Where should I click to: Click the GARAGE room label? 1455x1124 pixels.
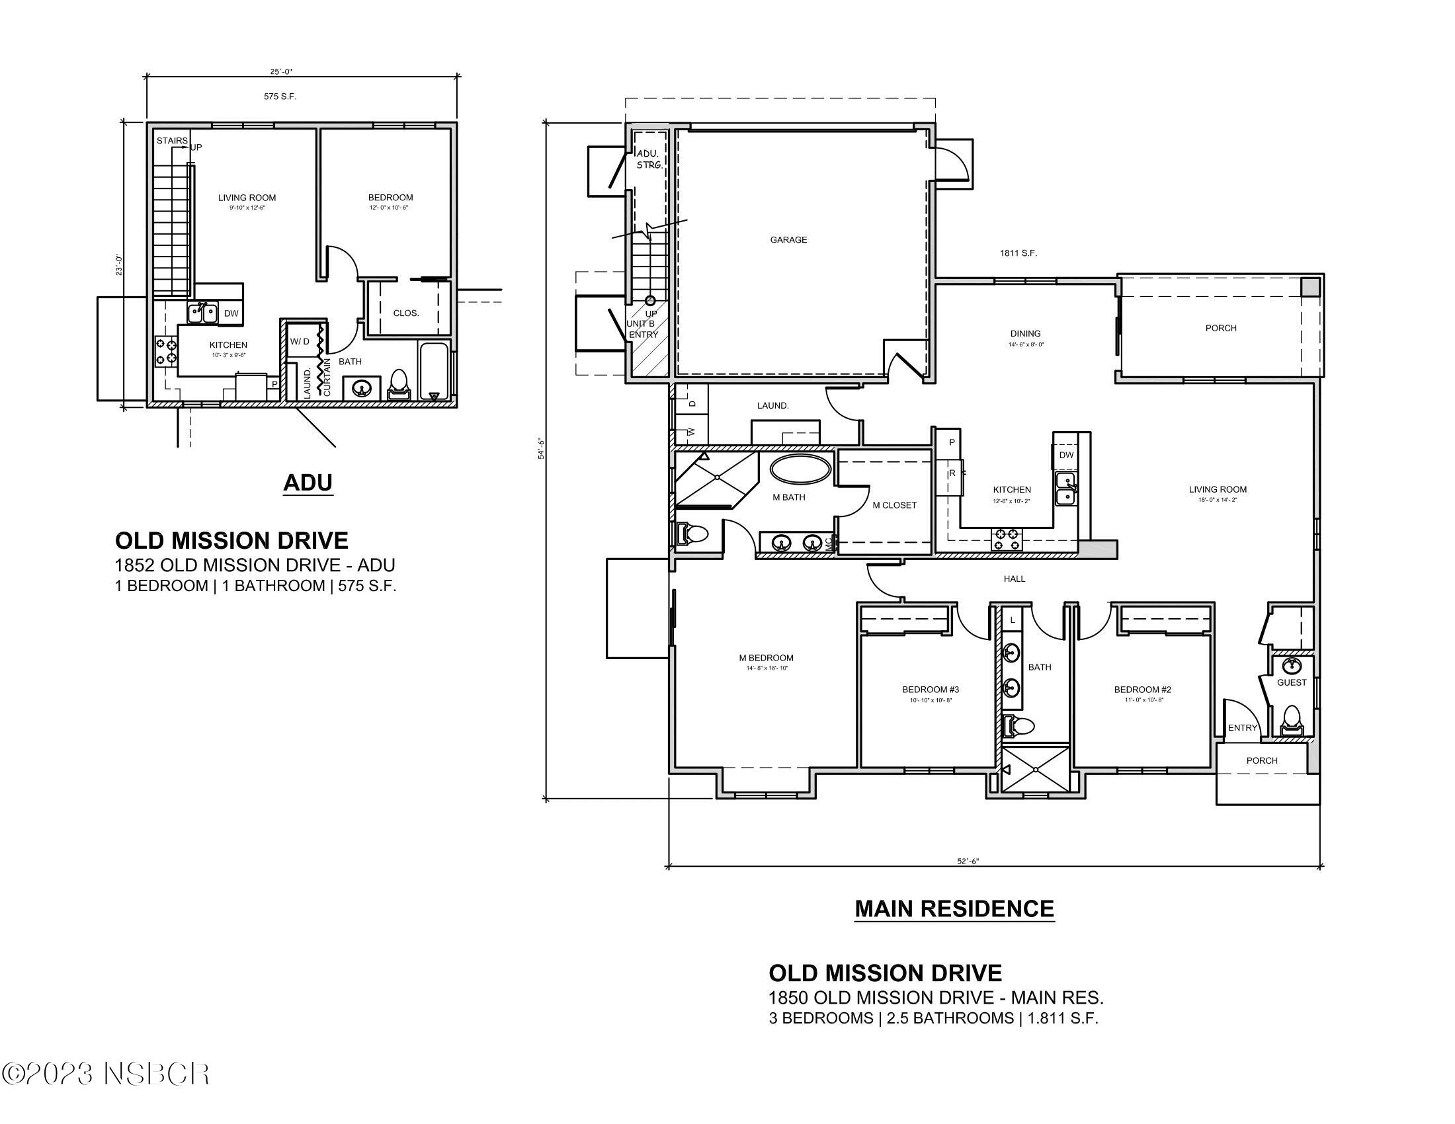788,240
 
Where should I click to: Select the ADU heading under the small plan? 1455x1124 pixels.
307,483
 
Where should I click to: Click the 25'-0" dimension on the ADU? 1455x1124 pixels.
281,71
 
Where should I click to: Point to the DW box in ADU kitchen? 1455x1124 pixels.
231,313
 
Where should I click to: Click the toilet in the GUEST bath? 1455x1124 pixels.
1291,721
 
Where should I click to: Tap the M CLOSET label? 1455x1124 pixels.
894,505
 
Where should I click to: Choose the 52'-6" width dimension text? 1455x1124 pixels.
968,861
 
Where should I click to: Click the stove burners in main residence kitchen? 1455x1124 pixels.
1007,539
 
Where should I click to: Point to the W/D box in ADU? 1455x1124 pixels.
300,342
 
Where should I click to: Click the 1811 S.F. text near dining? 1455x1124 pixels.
1018,253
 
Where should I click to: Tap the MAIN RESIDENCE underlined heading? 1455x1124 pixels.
954,909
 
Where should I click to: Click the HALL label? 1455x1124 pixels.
1014,579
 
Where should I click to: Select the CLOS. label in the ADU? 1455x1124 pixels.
405,313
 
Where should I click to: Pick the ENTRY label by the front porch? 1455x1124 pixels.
1242,728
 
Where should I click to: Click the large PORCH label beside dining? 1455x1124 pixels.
1220,329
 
